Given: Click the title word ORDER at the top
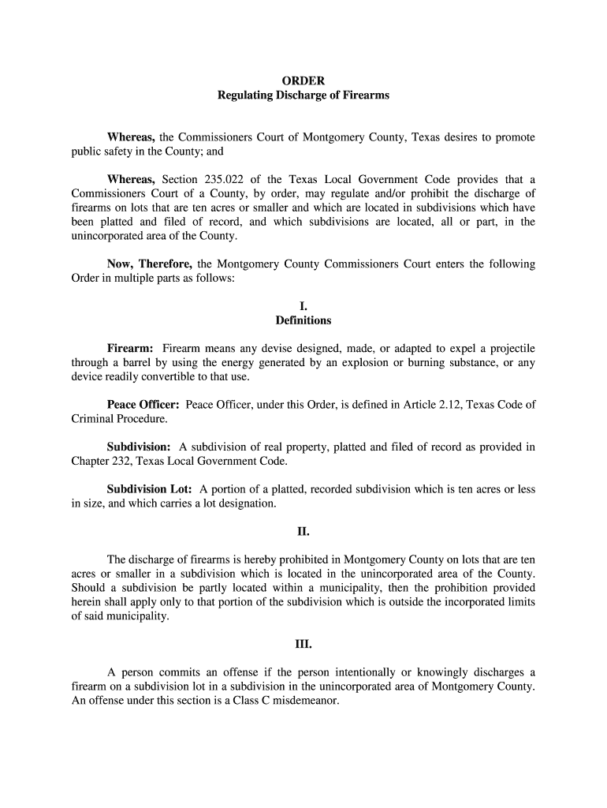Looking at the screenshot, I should tap(303, 80).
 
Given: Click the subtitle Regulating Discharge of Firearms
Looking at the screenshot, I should tap(303, 95).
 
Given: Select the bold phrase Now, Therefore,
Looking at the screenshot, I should tap(151, 264).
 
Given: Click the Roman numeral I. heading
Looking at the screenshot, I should tap(303, 305).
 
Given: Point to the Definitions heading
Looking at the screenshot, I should tap(303, 320).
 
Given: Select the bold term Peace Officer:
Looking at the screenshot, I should tap(143, 405).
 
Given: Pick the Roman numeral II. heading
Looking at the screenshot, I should tap(303, 531).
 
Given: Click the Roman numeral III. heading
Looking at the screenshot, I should tap(303, 644).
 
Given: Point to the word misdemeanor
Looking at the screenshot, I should tap(307, 701).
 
